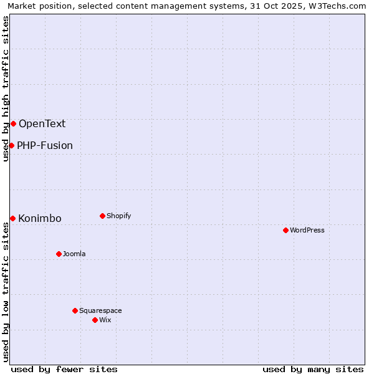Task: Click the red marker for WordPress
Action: click(285, 230)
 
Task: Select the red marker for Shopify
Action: click(102, 216)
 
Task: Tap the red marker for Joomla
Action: click(59, 254)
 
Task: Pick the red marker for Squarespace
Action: click(75, 310)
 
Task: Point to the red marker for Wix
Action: click(95, 320)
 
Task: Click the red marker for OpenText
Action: click(13, 123)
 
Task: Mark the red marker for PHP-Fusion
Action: click(11, 145)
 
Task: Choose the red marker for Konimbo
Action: click(12, 218)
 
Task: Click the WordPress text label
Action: click(307, 230)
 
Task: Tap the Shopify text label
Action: click(118, 216)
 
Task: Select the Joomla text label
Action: click(74, 254)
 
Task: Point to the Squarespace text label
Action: click(100, 310)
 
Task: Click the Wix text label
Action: click(105, 320)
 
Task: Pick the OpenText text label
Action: click(42, 123)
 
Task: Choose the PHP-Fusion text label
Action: click(45, 145)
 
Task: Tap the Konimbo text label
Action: click(40, 218)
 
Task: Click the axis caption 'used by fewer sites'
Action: click(64, 369)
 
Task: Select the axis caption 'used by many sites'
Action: click(313, 369)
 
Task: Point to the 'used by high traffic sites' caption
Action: click(6, 89)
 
